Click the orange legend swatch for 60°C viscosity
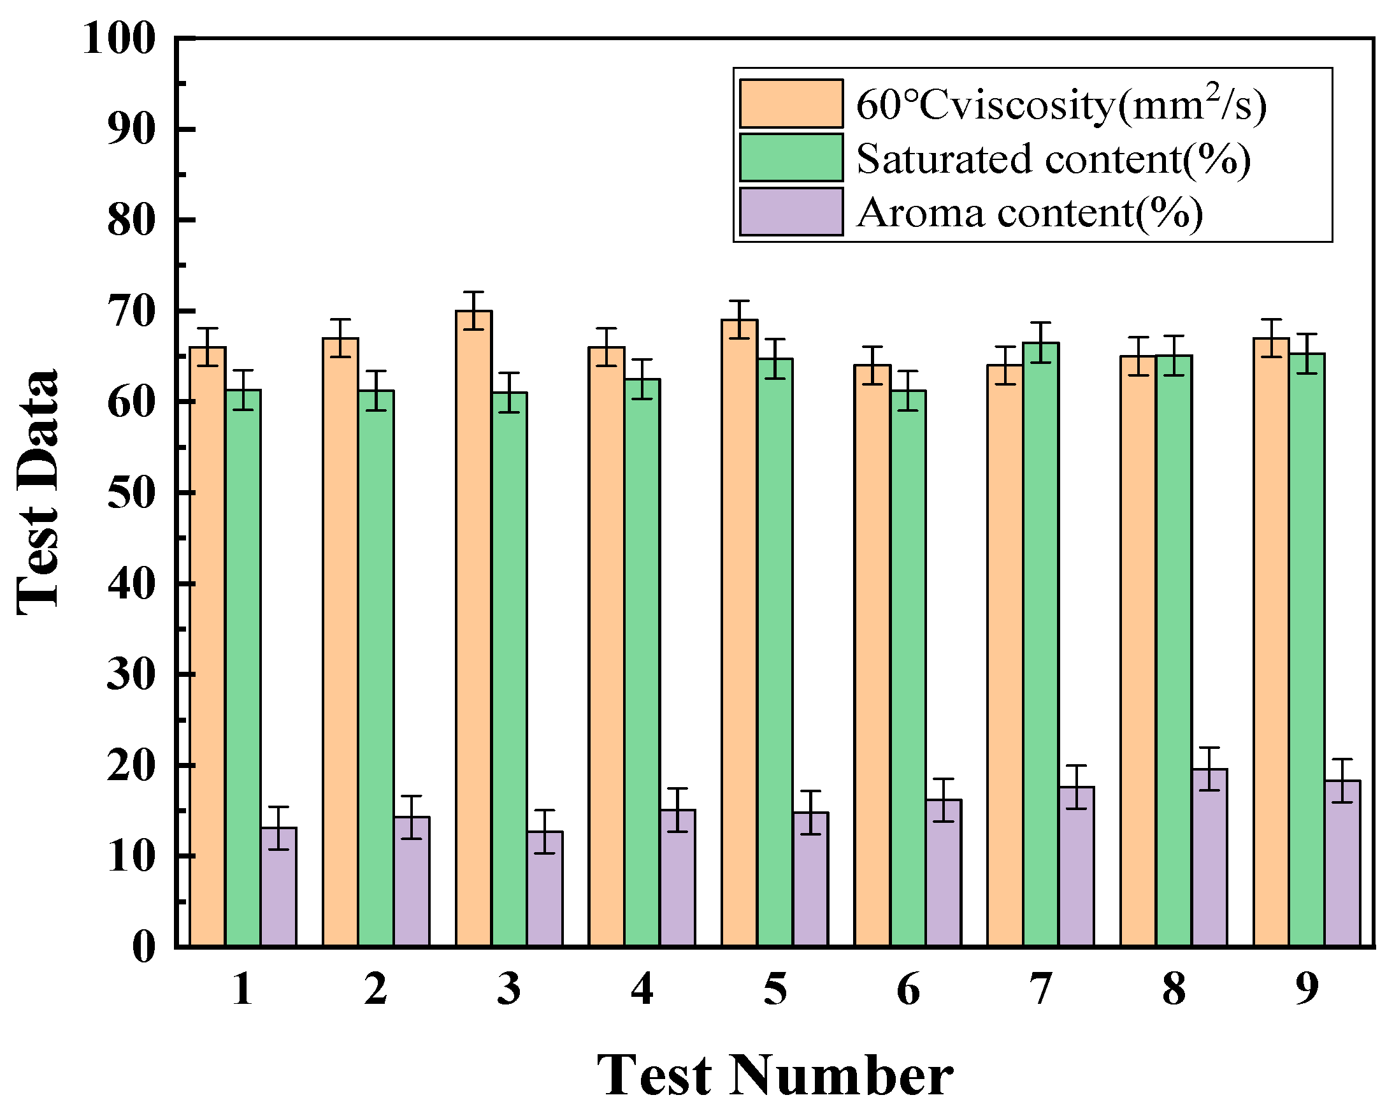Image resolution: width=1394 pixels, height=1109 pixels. click(x=791, y=103)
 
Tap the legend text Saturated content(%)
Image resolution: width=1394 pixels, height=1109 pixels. click(x=1053, y=159)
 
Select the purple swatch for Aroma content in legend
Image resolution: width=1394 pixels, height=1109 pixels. click(x=791, y=212)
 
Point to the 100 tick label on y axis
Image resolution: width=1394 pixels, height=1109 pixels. click(x=119, y=39)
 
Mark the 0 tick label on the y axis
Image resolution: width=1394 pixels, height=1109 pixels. click(x=143, y=948)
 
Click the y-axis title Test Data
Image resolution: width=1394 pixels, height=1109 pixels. click(x=38, y=491)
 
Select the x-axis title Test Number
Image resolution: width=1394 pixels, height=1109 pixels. click(x=774, y=1075)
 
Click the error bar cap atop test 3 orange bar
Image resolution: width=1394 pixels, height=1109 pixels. click(x=473, y=293)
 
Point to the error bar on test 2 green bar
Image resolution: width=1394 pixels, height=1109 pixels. click(x=376, y=391)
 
